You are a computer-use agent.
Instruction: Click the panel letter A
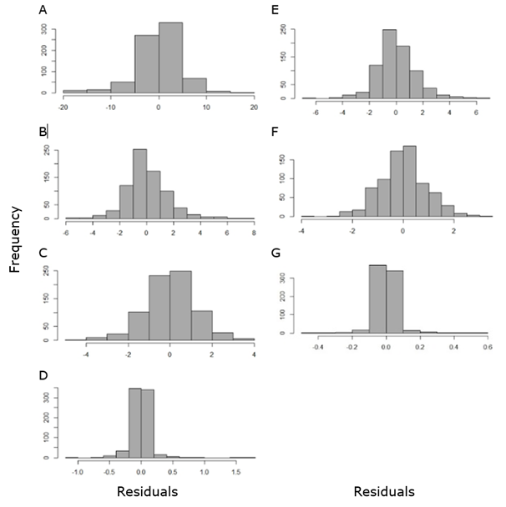(43, 10)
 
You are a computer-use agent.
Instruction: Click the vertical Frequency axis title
(14, 241)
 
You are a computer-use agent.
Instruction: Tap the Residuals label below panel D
(147, 491)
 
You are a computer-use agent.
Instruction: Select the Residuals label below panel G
(384, 491)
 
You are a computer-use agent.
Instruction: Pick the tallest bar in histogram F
(409, 181)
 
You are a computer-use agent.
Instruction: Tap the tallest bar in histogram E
(389, 64)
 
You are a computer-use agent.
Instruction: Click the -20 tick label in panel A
(63, 108)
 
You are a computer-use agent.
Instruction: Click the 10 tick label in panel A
(206, 108)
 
